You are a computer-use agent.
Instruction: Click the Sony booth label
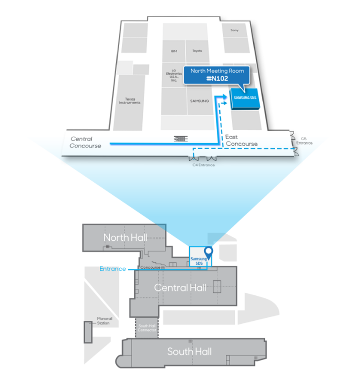(x=234, y=30)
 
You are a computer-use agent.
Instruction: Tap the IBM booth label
(x=173, y=51)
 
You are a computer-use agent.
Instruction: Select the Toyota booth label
(x=197, y=51)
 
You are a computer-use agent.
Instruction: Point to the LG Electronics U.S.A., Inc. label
(x=173, y=75)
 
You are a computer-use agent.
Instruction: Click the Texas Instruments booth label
(x=129, y=101)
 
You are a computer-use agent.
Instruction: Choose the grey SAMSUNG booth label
(x=199, y=101)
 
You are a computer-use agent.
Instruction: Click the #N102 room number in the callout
(x=217, y=79)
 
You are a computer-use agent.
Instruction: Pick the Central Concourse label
(x=85, y=142)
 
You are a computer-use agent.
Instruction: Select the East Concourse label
(x=241, y=140)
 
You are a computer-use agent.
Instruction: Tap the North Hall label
(x=125, y=237)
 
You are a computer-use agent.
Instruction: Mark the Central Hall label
(x=180, y=287)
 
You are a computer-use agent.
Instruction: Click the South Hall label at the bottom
(x=189, y=351)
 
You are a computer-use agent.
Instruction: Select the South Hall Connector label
(x=146, y=328)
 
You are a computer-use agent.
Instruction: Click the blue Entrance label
(x=112, y=269)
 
